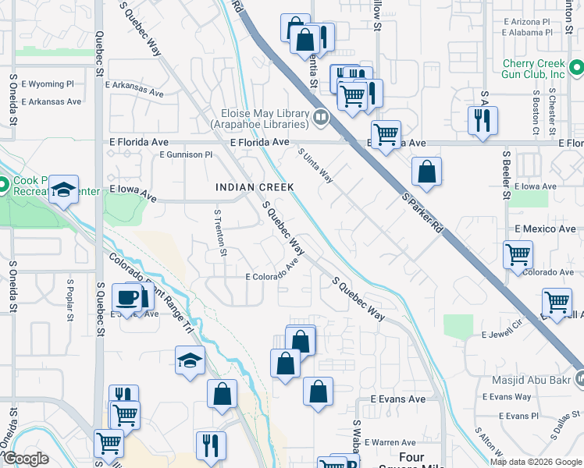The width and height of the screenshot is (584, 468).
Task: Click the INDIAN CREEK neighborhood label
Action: coord(255,187)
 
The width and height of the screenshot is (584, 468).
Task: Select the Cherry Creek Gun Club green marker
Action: coord(576,69)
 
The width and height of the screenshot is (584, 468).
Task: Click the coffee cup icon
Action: coord(126,297)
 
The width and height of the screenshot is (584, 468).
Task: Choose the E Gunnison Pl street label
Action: coord(186,154)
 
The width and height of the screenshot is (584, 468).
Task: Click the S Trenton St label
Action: coord(221,232)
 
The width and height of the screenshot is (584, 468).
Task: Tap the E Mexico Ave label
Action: coord(545,229)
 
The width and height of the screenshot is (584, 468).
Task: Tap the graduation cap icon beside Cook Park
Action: coord(64,189)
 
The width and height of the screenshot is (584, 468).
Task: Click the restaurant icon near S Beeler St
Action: coord(482,119)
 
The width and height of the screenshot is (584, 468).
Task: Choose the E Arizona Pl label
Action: coord(528,22)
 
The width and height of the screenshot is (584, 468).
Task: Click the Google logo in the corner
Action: coord(25,459)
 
